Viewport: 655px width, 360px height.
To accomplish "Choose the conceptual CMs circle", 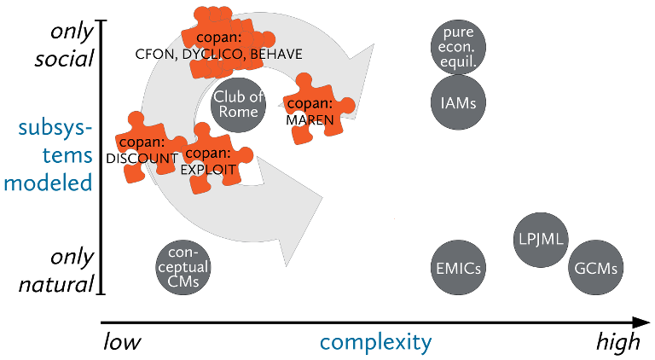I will [183, 268].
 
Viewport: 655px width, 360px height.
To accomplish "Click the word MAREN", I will [310, 120].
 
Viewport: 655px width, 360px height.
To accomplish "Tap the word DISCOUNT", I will [142, 158].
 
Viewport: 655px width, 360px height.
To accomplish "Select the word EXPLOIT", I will [207, 169].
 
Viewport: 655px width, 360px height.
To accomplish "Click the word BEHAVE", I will [276, 55].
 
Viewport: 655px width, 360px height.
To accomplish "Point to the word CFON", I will [154, 55].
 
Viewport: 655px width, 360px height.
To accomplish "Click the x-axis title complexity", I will [376, 343].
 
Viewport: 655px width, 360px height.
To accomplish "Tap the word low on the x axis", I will [121, 343].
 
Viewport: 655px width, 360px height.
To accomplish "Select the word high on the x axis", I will [617, 343].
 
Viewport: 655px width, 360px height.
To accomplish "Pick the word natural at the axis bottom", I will [59, 282].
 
